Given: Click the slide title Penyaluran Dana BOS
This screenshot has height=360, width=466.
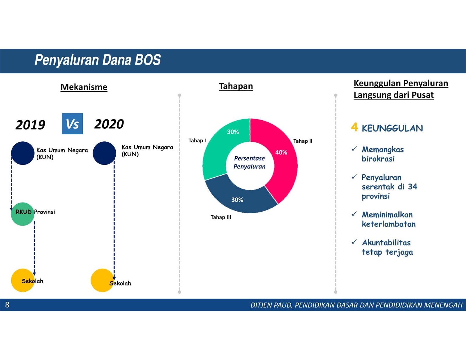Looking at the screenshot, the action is [98, 60].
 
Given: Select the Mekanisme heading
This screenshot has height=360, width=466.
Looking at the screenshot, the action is [84, 87].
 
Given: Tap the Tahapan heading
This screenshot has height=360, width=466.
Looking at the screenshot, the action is [236, 86].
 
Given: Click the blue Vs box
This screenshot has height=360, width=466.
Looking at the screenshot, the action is [72, 124].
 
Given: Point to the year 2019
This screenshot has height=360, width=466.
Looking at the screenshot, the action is [30, 125].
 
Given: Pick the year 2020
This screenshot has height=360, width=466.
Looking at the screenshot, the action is [109, 124].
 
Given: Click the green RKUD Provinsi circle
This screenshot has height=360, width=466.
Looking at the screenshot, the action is [22, 214].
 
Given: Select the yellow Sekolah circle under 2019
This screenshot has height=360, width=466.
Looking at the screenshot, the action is [23, 280].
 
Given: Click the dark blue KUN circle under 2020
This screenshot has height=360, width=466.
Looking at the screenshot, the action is [105, 153].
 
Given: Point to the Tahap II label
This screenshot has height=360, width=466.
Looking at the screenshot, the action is [303, 141].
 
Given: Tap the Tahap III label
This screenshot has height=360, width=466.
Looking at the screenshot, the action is [221, 217].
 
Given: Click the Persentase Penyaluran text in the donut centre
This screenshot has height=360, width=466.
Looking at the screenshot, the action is [249, 162].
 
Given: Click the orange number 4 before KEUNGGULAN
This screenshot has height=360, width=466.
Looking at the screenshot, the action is [354, 127].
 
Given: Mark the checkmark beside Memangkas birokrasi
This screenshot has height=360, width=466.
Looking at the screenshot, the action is [354, 149].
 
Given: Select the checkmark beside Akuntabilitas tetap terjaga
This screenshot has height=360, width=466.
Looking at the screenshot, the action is [354, 242].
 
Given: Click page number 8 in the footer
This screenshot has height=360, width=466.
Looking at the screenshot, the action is [7, 305].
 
